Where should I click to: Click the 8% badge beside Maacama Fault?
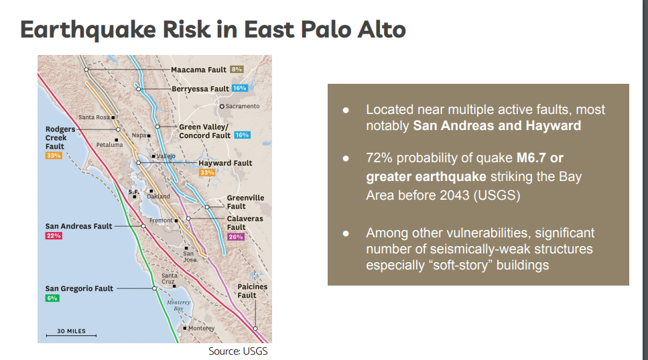coord(237,70)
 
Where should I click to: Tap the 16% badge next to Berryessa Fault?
coord(240,88)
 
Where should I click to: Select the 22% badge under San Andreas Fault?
coord(54,236)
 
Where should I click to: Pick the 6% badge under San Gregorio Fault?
coord(52,298)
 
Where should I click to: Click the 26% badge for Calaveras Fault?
coord(236,237)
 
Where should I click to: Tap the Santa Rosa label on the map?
coord(94,117)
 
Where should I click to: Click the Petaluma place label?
coord(109,145)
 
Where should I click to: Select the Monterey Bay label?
coord(178,305)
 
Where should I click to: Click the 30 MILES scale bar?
coord(71,335)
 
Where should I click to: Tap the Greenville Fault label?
coord(245,202)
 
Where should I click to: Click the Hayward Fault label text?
coord(225,163)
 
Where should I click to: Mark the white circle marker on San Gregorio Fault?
coord(154,288)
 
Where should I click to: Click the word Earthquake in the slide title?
coord(88,29)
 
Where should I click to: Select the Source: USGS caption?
coord(238,351)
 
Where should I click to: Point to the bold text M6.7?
coord(531,158)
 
